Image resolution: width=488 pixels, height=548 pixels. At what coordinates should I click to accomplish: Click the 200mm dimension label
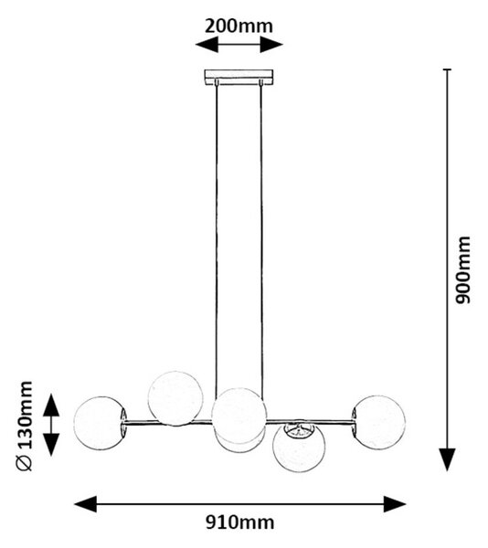pyautogui.click(x=239, y=26)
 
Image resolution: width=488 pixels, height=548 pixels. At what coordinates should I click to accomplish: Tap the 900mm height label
pyautogui.click(x=462, y=269)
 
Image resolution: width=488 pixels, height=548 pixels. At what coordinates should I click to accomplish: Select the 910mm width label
pyautogui.click(x=239, y=522)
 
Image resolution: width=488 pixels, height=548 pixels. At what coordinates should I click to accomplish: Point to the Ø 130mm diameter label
pyautogui.click(x=25, y=426)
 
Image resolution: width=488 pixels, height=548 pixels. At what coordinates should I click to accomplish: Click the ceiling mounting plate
pyautogui.click(x=239, y=77)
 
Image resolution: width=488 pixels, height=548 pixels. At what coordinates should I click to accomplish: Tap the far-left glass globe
pyautogui.click(x=100, y=423)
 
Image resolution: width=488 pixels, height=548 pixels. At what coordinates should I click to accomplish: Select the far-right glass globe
pyautogui.click(x=379, y=422)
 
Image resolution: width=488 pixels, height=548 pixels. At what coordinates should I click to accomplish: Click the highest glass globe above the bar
pyautogui.click(x=175, y=398)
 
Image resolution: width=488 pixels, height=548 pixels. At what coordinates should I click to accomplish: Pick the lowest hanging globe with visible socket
pyautogui.click(x=299, y=447)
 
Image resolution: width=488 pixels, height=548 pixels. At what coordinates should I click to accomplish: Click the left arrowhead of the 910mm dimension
pyautogui.click(x=85, y=504)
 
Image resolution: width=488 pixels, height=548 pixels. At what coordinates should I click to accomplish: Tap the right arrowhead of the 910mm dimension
pyautogui.click(x=395, y=504)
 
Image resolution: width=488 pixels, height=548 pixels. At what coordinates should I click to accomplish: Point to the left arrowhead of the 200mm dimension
pyautogui.click(x=207, y=45)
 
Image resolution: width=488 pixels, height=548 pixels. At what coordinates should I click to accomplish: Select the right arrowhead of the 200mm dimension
pyautogui.click(x=271, y=45)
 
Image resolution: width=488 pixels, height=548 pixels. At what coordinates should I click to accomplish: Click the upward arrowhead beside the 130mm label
pyautogui.click(x=51, y=405)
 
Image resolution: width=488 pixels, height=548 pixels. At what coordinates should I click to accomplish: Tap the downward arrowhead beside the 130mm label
pyautogui.click(x=51, y=445)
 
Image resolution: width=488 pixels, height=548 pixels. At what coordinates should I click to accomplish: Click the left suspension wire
pyautogui.click(x=217, y=237)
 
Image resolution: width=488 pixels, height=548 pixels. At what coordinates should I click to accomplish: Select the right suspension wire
pyautogui.click(x=261, y=237)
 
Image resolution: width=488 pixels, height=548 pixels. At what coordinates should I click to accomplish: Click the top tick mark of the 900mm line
pyautogui.click(x=447, y=69)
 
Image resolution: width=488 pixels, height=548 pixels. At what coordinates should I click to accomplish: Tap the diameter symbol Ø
pyautogui.click(x=25, y=463)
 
